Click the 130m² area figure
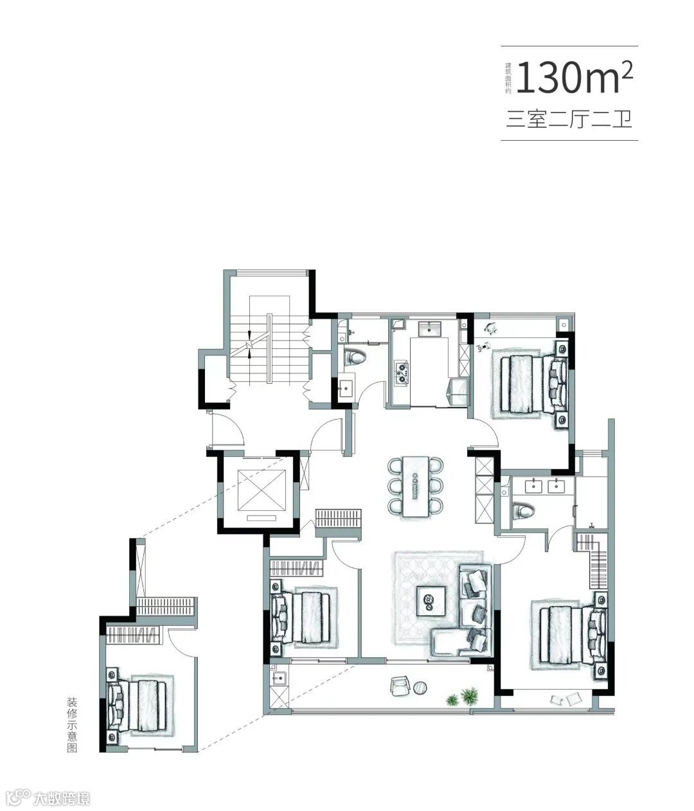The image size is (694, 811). point(574,78)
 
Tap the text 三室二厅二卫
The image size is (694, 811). point(569,120)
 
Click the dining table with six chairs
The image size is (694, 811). point(415,485)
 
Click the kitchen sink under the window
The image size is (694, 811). point(430,328)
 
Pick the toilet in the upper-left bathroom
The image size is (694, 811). point(355,358)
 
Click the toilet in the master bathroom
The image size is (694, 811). point(523,511)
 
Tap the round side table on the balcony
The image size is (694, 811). point(420,687)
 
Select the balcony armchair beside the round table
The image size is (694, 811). point(400,686)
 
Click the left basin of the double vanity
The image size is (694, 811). point(533,486)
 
